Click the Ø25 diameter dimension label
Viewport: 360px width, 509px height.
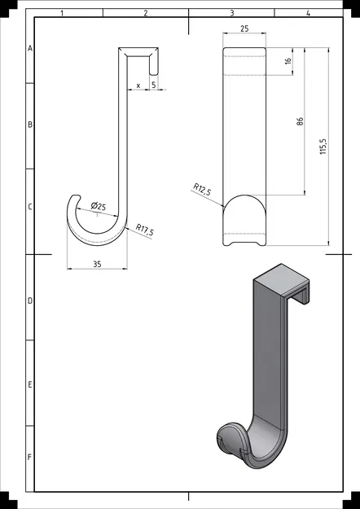coord(98,206)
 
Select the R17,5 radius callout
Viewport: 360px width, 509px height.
coord(146,230)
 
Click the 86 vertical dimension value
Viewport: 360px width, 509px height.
coord(301,121)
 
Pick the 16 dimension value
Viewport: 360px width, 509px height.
coord(289,61)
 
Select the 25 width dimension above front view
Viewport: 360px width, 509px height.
coord(244,29)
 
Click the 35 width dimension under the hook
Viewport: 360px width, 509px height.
coord(97,264)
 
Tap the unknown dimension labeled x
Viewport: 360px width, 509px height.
coord(138,85)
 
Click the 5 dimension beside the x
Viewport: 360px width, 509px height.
coord(153,85)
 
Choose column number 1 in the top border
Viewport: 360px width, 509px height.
coord(63,13)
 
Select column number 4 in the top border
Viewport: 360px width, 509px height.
coord(308,13)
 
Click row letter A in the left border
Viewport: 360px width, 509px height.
coord(30,49)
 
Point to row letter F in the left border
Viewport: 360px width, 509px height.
coord(30,457)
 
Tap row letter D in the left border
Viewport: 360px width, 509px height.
coord(30,301)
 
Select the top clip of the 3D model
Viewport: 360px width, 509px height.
coord(285,283)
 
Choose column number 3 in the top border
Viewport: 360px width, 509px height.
coord(232,13)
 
